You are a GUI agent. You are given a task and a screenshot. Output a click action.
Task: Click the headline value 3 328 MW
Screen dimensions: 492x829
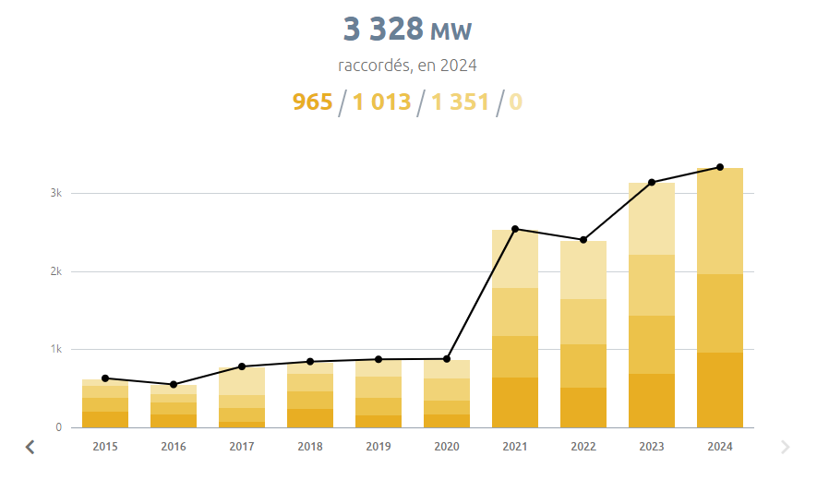click(407, 30)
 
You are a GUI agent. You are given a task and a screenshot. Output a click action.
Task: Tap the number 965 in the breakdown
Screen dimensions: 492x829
click(312, 102)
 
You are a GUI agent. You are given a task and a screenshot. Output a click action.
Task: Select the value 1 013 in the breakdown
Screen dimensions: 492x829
click(381, 102)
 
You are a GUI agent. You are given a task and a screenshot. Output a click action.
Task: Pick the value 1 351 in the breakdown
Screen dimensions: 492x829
click(460, 102)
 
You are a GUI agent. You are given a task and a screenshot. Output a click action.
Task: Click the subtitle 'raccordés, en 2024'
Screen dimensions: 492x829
click(407, 66)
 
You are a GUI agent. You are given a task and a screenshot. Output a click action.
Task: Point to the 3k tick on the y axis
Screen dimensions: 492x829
click(55, 194)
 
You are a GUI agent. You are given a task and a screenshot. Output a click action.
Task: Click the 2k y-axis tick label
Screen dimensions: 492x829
click(55, 271)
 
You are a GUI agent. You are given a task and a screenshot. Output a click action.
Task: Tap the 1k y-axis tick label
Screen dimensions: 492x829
click(55, 350)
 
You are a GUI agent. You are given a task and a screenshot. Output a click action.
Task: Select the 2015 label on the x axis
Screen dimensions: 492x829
click(105, 447)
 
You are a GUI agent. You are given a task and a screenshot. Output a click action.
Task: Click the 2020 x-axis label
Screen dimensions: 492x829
click(447, 447)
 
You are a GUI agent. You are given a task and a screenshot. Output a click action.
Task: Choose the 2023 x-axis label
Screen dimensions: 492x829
click(652, 447)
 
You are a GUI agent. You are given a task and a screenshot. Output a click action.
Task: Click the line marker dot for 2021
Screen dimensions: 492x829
click(515, 229)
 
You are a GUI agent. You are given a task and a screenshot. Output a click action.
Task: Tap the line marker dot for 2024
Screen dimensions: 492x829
click(720, 167)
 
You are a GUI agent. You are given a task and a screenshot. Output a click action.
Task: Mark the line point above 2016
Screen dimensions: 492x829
click(174, 384)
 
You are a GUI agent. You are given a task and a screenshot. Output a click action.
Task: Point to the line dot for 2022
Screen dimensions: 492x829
click(583, 240)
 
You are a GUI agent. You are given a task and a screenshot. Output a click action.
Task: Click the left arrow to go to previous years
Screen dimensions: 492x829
click(30, 447)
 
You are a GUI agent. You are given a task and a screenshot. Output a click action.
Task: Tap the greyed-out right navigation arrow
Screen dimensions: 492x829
click(786, 447)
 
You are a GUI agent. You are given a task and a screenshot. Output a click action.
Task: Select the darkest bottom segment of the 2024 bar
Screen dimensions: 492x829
click(720, 390)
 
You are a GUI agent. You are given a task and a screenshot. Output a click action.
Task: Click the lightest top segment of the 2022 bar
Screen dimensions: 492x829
click(583, 270)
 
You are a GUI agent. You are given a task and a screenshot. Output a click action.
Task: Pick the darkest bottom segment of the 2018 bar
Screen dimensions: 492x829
click(310, 418)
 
